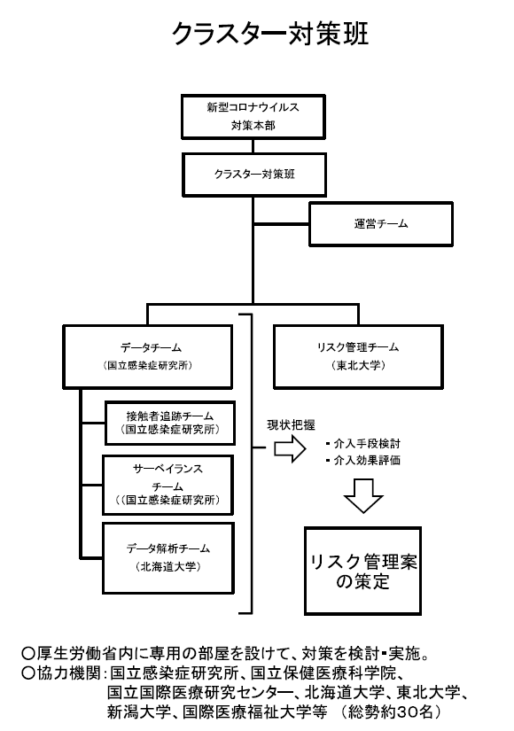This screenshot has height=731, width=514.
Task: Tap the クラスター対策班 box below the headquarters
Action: click(x=253, y=174)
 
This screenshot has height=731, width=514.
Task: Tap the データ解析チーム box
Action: click(x=168, y=556)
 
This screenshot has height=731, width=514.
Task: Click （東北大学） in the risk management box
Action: click(x=360, y=366)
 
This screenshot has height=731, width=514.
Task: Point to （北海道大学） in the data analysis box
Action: click(x=168, y=565)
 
